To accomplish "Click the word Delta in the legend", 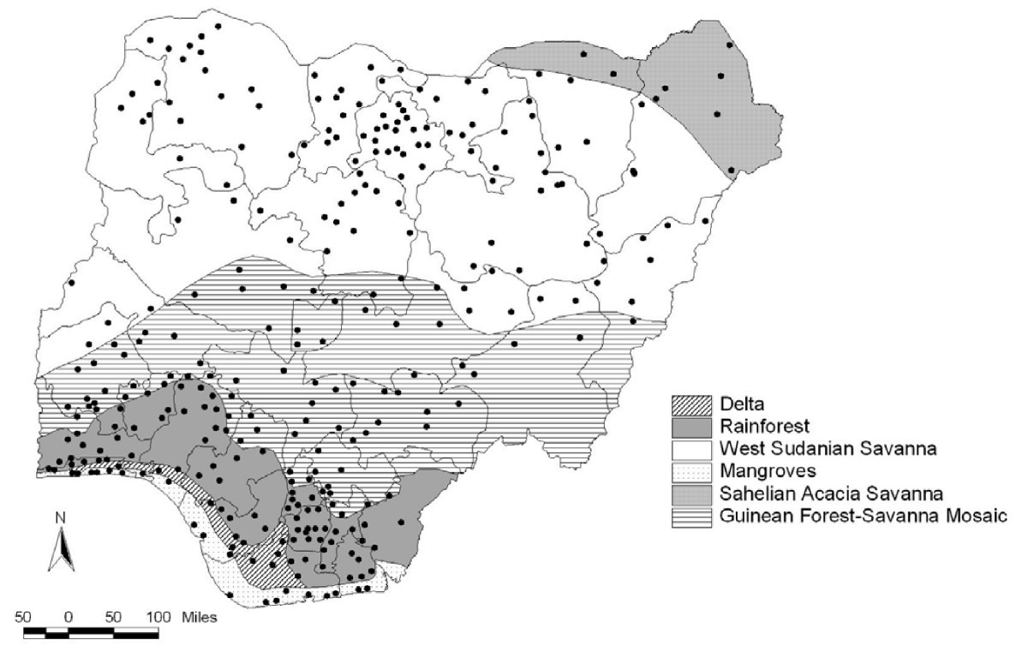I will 741,402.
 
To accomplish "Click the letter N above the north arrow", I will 59,517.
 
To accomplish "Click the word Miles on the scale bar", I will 199,616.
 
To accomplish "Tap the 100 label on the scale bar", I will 158,616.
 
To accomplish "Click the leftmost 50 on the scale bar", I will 23,616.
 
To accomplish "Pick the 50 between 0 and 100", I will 113,616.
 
